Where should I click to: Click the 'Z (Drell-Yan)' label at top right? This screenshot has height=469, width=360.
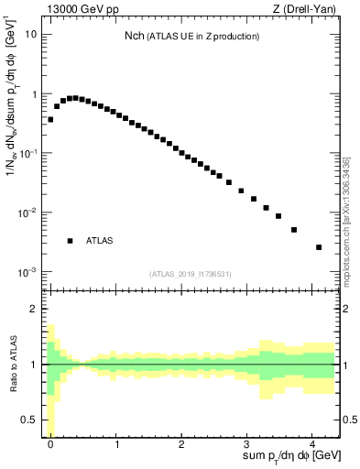pos(307,8)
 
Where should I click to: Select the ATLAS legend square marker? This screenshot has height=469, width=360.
pos(70,241)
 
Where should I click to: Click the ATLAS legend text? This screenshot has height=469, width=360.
pos(99,241)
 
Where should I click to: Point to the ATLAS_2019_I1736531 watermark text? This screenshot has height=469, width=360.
pos(191,274)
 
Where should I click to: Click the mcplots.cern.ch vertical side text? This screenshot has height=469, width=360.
pos(345,220)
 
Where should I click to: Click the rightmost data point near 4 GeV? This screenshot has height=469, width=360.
pos(319,247)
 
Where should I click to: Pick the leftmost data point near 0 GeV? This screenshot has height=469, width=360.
pos(50,120)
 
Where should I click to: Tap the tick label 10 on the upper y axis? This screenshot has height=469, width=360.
pos(31,35)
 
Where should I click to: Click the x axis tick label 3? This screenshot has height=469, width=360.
pos(247,443)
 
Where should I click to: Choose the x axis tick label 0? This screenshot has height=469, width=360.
pos(50,443)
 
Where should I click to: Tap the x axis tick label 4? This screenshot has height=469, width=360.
pos(312,443)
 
